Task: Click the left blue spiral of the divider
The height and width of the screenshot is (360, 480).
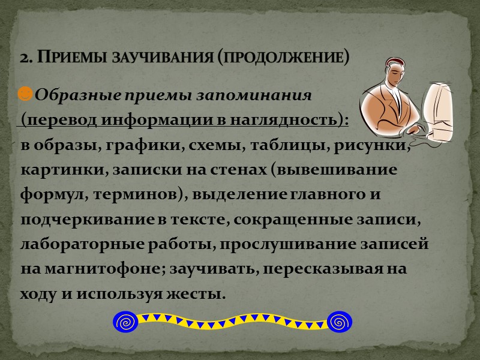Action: point(125,322)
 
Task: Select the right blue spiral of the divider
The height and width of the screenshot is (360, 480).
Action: point(340,322)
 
